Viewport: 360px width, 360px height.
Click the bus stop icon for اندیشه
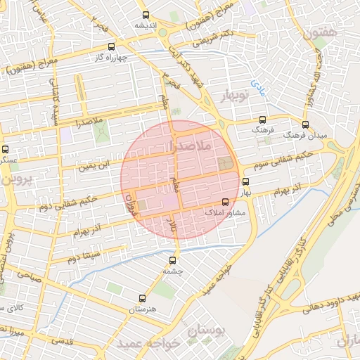[x=146, y=15]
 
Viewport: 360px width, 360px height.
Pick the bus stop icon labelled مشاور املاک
[x=225, y=202]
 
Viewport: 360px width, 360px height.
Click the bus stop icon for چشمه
[x=173, y=259]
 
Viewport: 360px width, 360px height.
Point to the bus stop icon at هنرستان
[x=143, y=299]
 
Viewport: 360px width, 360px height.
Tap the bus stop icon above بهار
[x=245, y=181]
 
